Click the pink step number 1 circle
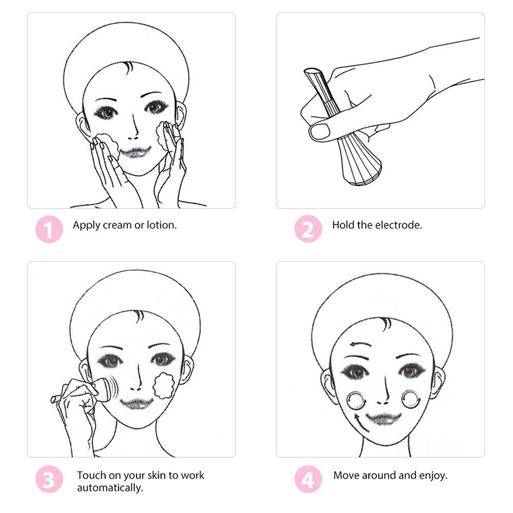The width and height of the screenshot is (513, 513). coord(49,229)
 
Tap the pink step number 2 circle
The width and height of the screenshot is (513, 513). coord(308,229)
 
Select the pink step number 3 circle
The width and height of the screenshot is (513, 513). coord(49,479)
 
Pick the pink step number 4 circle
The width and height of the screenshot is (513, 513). coord(308,479)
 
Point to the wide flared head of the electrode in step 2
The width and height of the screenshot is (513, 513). coord(359,162)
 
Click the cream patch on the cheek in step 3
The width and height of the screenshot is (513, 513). coord(164,385)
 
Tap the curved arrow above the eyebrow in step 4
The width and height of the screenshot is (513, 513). coord(360,344)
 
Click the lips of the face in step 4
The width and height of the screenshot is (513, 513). coord(383,419)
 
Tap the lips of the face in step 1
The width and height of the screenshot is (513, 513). coord(135,152)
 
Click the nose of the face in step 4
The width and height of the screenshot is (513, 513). coord(383,392)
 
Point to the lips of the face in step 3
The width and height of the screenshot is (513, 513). coord(137,403)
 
